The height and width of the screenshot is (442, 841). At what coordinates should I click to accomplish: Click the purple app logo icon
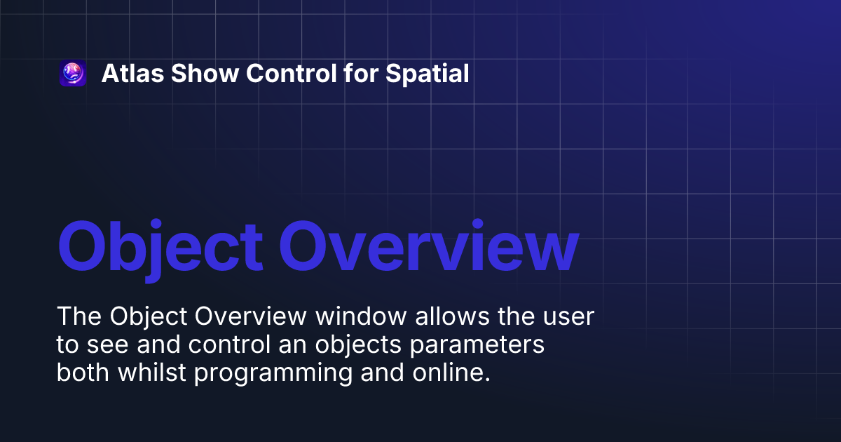pos(73,74)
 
